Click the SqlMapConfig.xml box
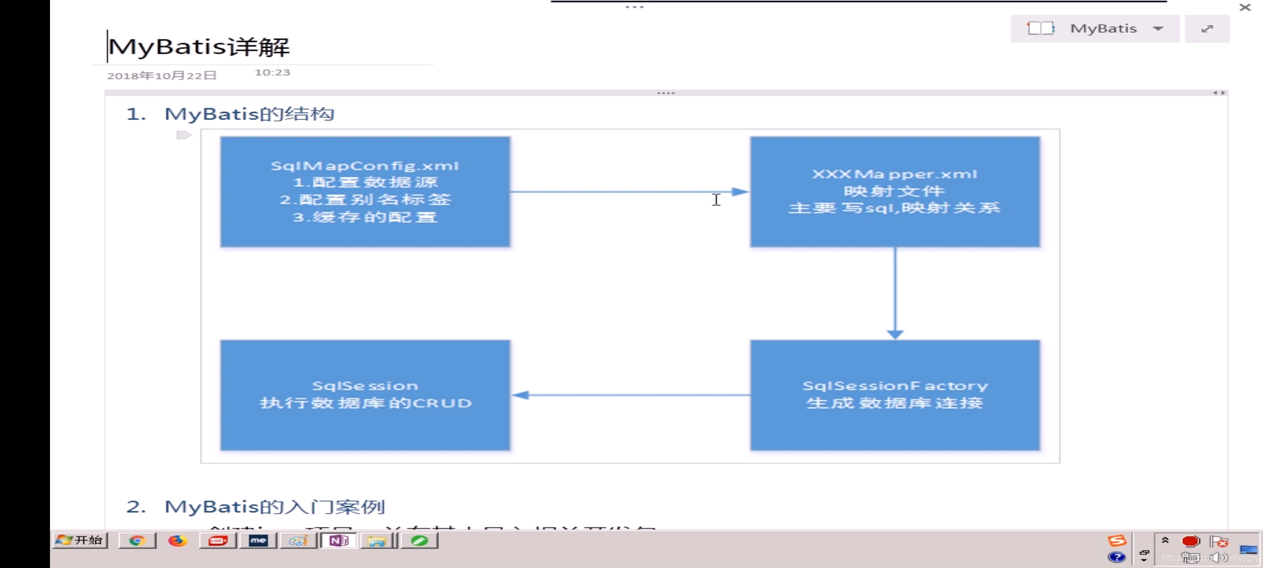[x=365, y=191]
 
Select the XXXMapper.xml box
[x=895, y=191]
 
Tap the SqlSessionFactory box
[x=895, y=394]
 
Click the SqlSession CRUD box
[x=365, y=394]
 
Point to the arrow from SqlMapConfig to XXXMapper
[x=626, y=191]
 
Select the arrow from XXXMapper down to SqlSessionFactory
[x=895, y=292]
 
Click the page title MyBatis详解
[x=199, y=47]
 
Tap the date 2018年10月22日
[x=162, y=76]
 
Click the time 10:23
[x=272, y=73]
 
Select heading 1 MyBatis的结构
[x=249, y=114]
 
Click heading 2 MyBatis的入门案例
[x=274, y=506]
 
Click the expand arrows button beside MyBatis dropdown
[x=1207, y=28]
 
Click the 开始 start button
[x=80, y=540]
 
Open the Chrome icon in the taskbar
[x=137, y=541]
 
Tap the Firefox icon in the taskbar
[x=177, y=541]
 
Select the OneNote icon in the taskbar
[x=338, y=541]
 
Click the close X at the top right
[x=1245, y=7]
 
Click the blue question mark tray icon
[x=1116, y=557]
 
